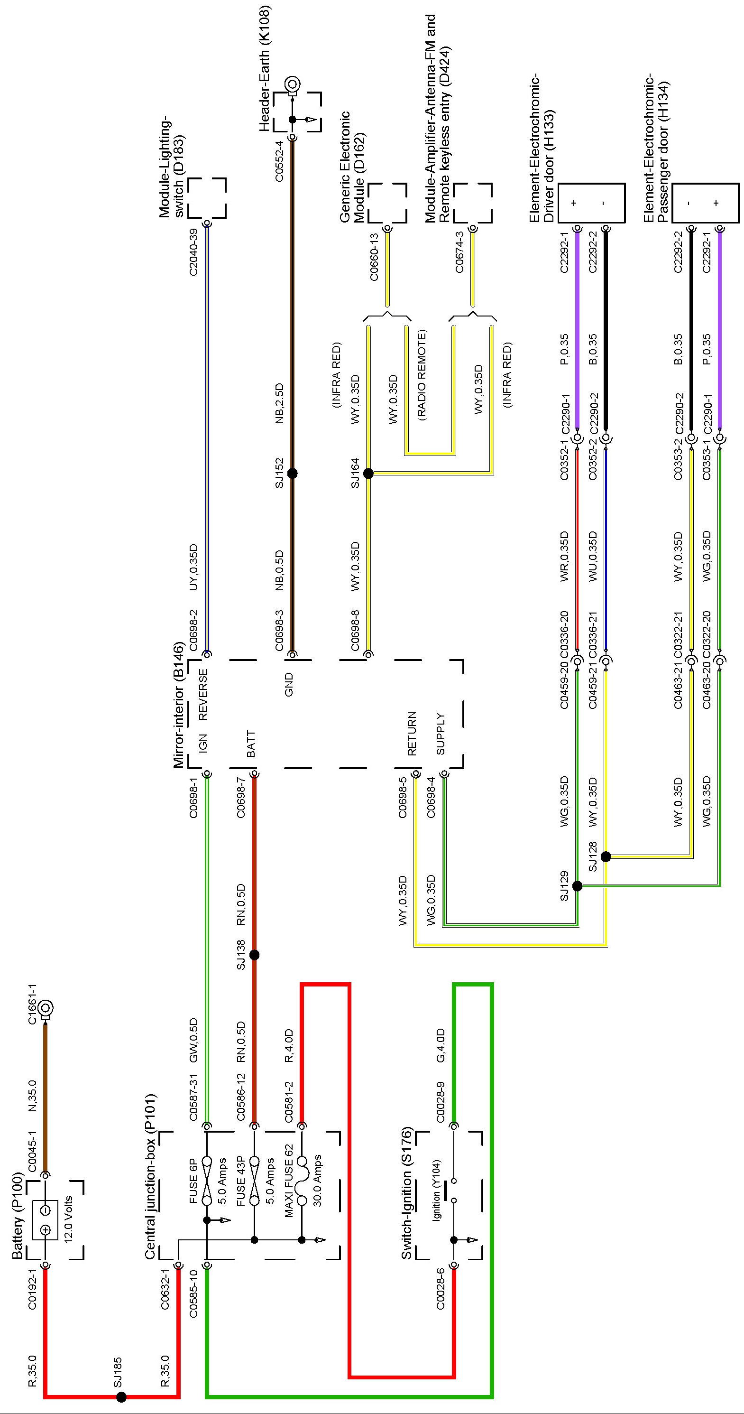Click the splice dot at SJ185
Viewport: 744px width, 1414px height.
click(121, 1397)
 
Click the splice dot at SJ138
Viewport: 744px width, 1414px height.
click(254, 955)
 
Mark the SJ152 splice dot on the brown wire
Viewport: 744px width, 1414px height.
click(293, 473)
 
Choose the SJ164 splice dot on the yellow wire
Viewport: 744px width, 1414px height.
click(368, 473)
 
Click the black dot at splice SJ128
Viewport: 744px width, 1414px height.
click(606, 856)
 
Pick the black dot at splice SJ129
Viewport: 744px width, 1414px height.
click(577, 886)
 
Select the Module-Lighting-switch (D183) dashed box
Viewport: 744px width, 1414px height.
click(207, 197)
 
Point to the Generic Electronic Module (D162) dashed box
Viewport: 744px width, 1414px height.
click(387, 203)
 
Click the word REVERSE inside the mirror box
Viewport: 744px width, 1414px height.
click(202, 694)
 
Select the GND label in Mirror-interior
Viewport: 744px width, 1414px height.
click(289, 685)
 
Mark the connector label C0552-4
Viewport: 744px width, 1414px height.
click(279, 161)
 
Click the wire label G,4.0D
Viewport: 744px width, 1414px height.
click(440, 1046)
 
